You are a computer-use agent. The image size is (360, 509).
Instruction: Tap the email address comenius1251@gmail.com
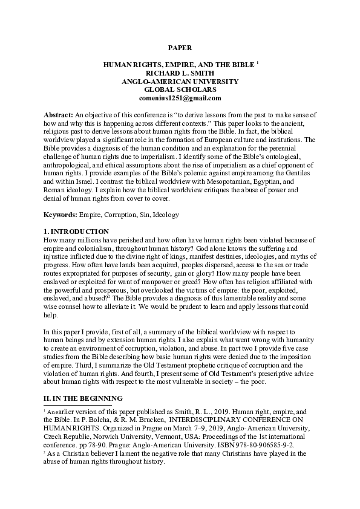tap(180, 98)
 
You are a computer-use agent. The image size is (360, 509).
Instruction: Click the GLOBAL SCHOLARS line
tap(180, 89)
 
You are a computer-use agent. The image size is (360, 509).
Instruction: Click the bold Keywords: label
tap(64, 215)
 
